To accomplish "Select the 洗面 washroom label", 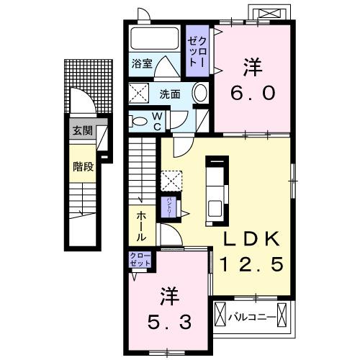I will coord(170,94).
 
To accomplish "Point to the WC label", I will coord(158,120).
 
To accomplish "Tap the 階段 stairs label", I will coord(82,167).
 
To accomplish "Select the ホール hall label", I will coord(140,225).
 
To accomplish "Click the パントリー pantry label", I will coord(168,207).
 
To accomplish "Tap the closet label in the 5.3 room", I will coord(140,260).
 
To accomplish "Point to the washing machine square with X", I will coord(139,93).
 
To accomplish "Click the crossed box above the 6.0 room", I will coord(271,14).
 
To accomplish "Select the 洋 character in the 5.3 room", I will coord(168,296).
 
